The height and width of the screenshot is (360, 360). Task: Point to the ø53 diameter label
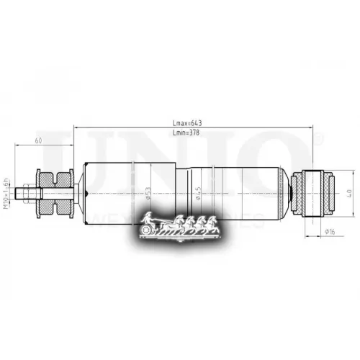pos(147,192)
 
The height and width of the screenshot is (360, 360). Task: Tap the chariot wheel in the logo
pos(148,228)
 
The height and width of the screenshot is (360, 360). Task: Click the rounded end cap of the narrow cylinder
pos(288,192)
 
